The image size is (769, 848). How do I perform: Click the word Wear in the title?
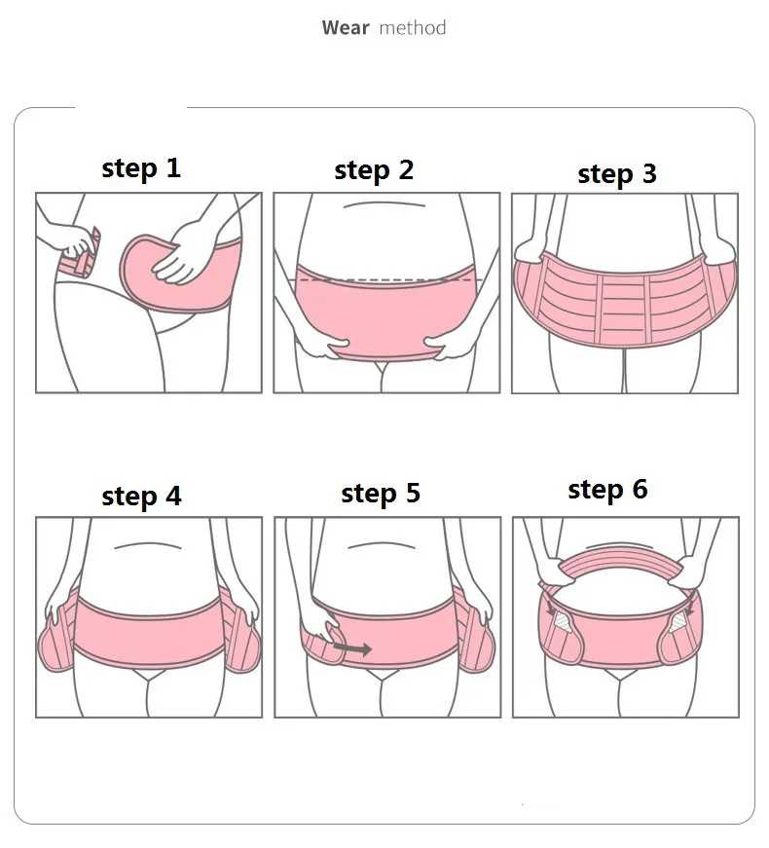(x=346, y=27)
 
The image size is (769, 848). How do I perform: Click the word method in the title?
(x=413, y=27)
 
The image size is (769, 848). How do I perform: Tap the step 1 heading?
(x=140, y=168)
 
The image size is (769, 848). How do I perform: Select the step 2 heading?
(x=374, y=170)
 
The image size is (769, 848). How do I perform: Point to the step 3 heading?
(x=617, y=174)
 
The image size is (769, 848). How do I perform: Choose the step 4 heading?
(x=141, y=497)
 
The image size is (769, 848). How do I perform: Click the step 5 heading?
(x=381, y=494)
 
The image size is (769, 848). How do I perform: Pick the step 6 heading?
(x=607, y=490)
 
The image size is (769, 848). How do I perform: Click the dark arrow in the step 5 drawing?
(x=352, y=647)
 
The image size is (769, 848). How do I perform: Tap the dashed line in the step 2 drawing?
(x=386, y=280)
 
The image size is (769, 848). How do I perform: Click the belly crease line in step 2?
(x=384, y=204)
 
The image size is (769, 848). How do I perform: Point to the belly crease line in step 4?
(x=147, y=545)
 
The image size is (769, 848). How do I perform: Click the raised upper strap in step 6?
(x=620, y=564)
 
